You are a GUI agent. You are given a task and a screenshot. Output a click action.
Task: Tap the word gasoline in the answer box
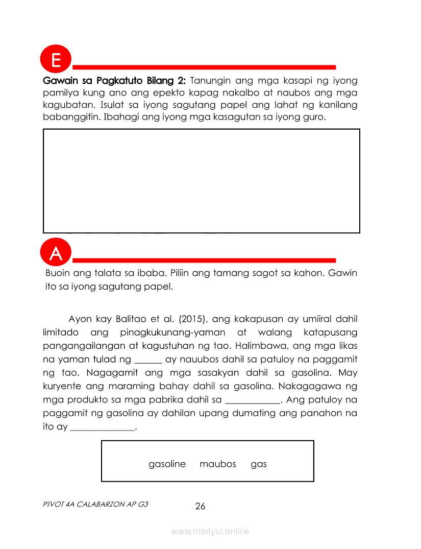167,464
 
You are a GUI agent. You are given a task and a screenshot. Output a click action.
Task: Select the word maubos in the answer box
218,464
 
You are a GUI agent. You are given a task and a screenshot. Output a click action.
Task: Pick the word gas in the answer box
259,464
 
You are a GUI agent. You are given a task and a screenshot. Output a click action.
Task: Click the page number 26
200,506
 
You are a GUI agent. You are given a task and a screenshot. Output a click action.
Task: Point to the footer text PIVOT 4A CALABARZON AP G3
96,504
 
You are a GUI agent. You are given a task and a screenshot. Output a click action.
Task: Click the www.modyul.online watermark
210,532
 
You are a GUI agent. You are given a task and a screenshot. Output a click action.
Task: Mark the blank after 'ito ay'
102,427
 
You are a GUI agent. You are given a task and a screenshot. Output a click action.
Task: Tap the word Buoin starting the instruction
58,273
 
